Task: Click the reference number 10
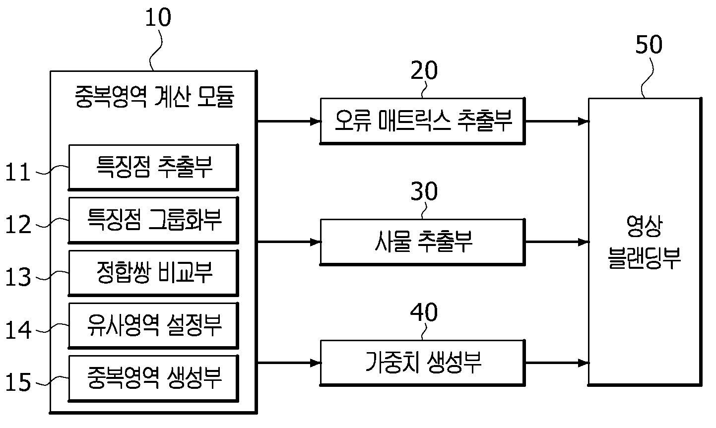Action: (x=158, y=17)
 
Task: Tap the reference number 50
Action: (x=649, y=45)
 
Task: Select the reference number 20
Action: (x=424, y=70)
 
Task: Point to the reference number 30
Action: (x=424, y=191)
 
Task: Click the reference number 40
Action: (x=424, y=312)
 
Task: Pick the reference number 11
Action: (x=18, y=172)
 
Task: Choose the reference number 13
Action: (x=18, y=277)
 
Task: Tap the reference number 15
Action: (x=18, y=382)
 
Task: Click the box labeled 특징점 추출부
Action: (x=153, y=167)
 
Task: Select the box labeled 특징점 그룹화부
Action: (x=153, y=220)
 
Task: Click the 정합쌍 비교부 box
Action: (x=153, y=273)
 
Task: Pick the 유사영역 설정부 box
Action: (x=153, y=325)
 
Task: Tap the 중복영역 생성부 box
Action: (x=153, y=378)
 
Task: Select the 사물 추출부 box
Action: (x=423, y=242)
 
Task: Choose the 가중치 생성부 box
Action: (x=423, y=363)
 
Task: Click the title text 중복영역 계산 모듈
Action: (x=155, y=96)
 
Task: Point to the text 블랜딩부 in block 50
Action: (x=644, y=258)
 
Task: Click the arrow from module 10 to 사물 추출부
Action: (x=289, y=242)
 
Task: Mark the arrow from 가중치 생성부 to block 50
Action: (x=557, y=363)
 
